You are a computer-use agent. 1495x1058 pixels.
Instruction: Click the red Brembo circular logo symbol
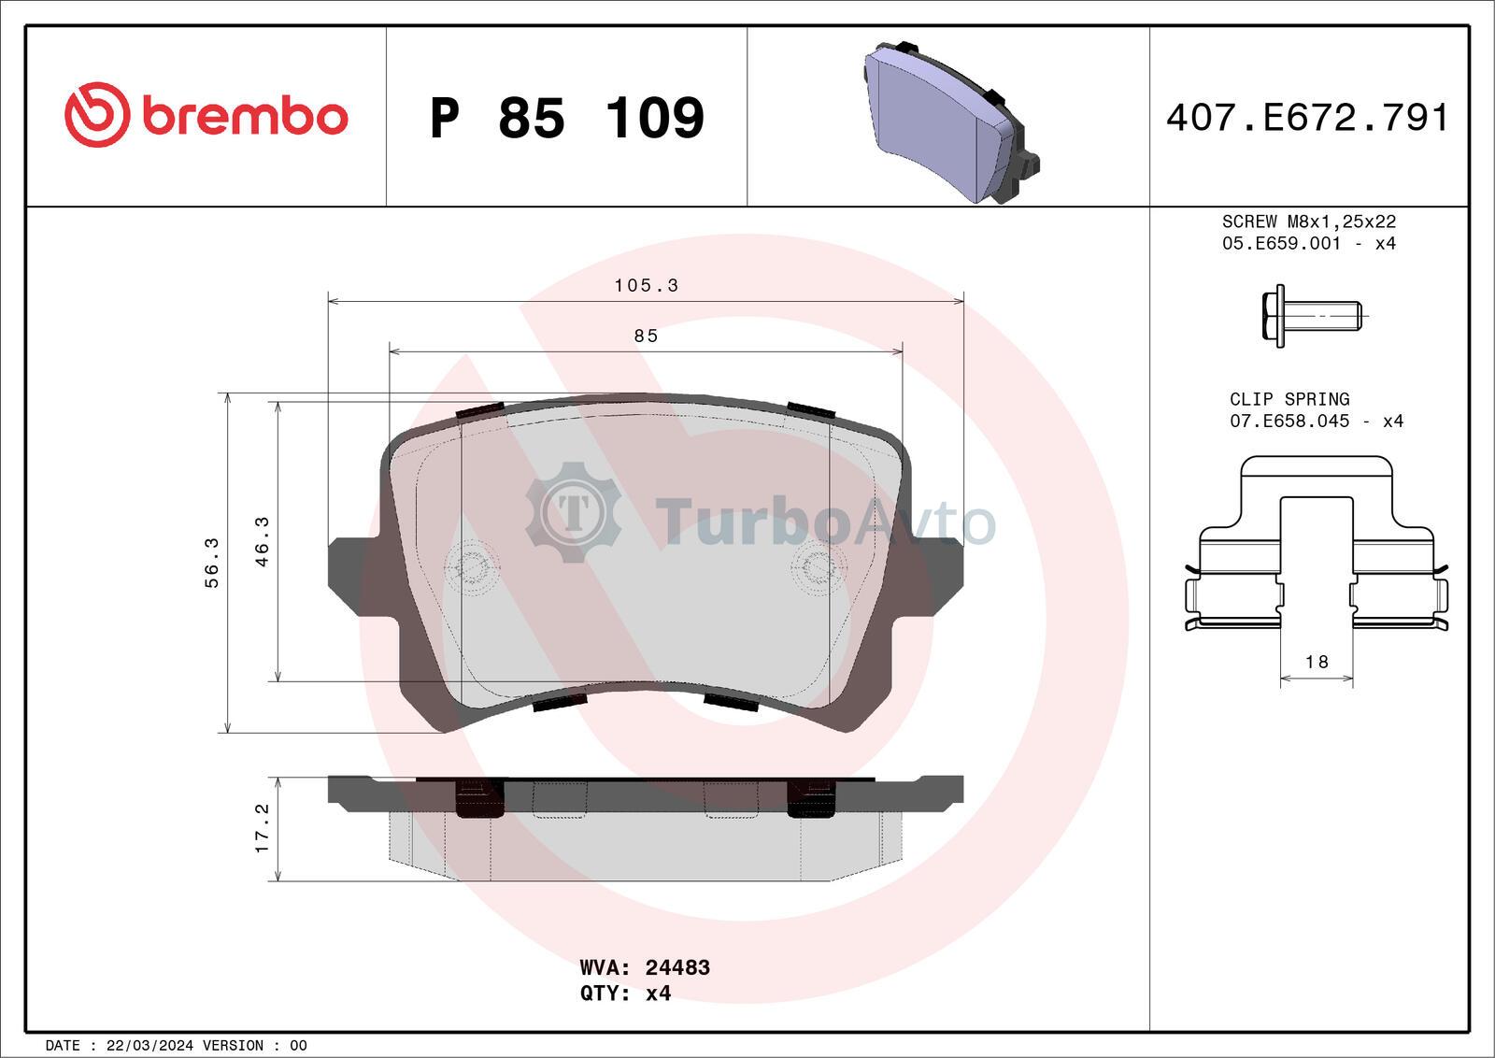coord(97,115)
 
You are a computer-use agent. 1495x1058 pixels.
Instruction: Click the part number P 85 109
coord(567,118)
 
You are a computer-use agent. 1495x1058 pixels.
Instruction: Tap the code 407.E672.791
coord(1307,118)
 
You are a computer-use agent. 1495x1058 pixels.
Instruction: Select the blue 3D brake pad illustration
coord(951,122)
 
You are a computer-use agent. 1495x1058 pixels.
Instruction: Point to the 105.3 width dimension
coord(646,286)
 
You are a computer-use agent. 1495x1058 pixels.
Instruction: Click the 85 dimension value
coord(646,336)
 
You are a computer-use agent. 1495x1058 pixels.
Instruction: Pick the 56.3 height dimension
coord(211,563)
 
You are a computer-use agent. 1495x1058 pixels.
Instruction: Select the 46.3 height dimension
coord(263,542)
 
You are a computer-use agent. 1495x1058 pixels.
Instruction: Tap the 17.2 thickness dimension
coord(263,828)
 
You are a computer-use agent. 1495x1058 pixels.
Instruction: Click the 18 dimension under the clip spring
coord(1317,662)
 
